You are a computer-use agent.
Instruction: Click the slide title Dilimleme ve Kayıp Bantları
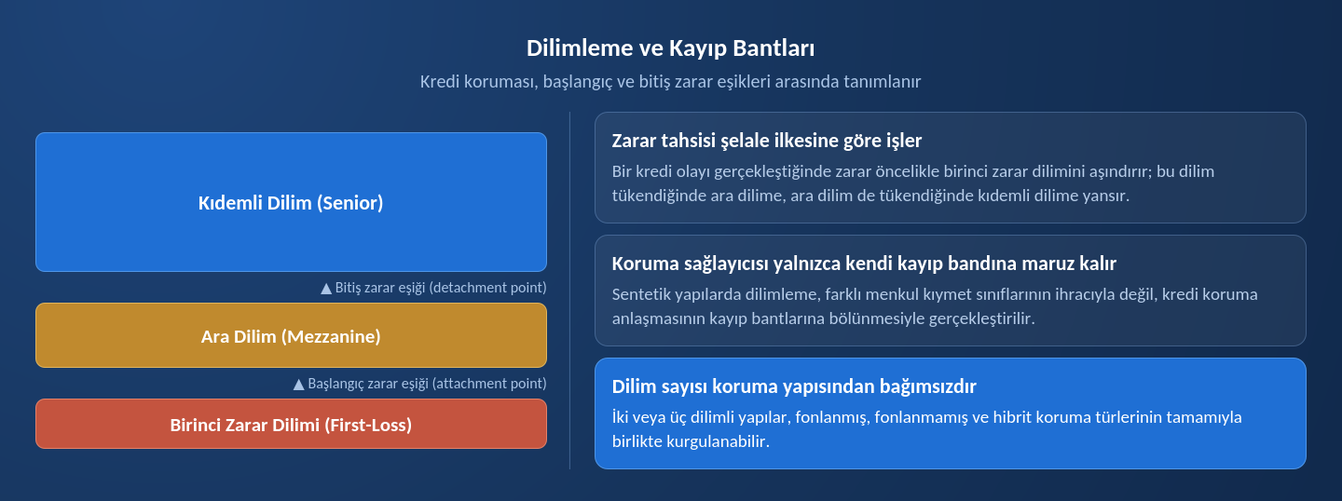click(670, 47)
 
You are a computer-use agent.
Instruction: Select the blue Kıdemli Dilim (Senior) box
click(291, 202)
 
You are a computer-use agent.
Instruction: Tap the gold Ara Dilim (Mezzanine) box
click(291, 335)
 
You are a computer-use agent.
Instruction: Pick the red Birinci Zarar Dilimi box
click(291, 424)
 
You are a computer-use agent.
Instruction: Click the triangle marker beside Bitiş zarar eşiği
click(326, 289)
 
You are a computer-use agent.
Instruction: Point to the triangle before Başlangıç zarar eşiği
click(298, 385)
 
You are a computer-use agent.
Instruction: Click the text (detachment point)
click(487, 288)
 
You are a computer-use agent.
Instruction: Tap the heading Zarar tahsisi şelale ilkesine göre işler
click(766, 141)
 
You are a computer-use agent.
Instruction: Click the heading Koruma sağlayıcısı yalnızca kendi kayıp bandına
click(864, 264)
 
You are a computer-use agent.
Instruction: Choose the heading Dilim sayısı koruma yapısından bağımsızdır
click(794, 386)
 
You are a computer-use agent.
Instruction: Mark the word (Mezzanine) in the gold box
click(331, 336)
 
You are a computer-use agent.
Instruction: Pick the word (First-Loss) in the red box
click(368, 425)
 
